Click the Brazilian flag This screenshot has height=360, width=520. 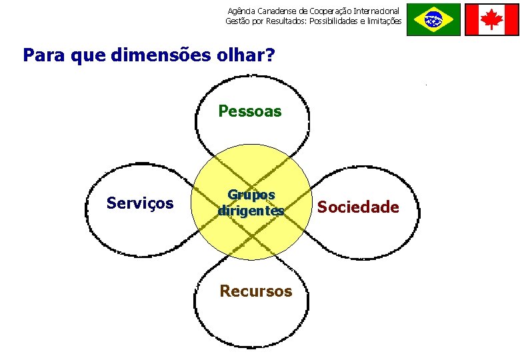[433, 19]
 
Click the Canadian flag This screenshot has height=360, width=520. [491, 19]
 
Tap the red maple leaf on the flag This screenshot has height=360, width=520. [491, 19]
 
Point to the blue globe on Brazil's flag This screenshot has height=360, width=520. [433, 19]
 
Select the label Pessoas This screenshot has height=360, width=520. [250, 111]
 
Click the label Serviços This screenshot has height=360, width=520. [140, 203]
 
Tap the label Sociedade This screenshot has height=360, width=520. [358, 207]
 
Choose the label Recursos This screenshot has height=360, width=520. [256, 291]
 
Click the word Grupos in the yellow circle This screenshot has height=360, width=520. [251, 195]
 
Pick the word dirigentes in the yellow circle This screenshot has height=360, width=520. [251, 210]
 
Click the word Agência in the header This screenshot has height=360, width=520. [241, 11]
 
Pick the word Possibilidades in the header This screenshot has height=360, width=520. [335, 21]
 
